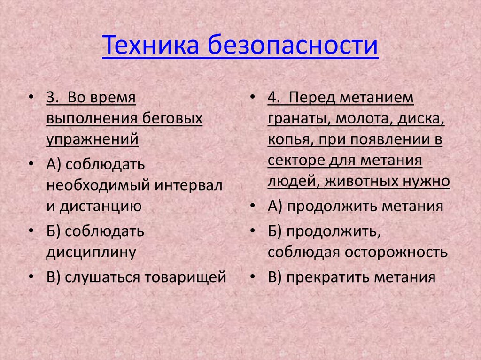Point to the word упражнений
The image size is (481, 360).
coord(93,139)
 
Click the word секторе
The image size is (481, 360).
coord(296,161)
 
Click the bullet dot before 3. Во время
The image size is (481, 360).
coord(31,99)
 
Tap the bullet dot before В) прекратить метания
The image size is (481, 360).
coord(253,277)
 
